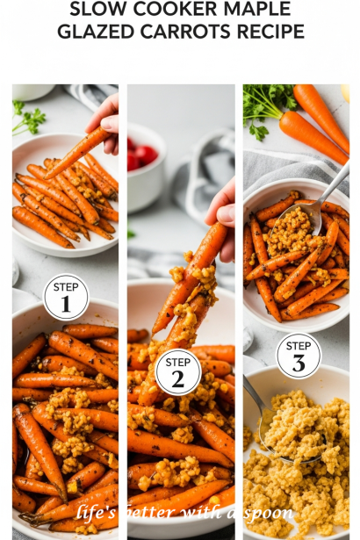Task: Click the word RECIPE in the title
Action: (270, 32)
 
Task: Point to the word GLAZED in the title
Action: (96, 32)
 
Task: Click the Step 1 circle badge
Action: (66, 297)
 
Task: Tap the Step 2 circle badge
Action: (177, 372)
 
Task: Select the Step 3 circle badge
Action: (299, 355)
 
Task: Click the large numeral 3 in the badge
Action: (299, 363)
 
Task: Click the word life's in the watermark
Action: (96, 513)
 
